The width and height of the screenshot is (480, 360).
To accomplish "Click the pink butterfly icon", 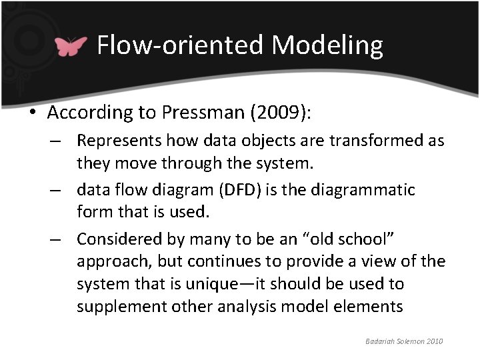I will [71, 46].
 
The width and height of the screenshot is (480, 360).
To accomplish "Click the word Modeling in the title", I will [327, 45].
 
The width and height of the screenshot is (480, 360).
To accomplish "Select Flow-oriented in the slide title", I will [180, 45].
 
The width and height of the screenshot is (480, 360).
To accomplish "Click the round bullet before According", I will [33, 113].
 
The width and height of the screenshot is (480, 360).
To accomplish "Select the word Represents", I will [119, 141].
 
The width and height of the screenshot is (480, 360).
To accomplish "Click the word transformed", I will [376, 141].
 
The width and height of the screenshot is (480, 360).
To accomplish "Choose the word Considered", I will [119, 239].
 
